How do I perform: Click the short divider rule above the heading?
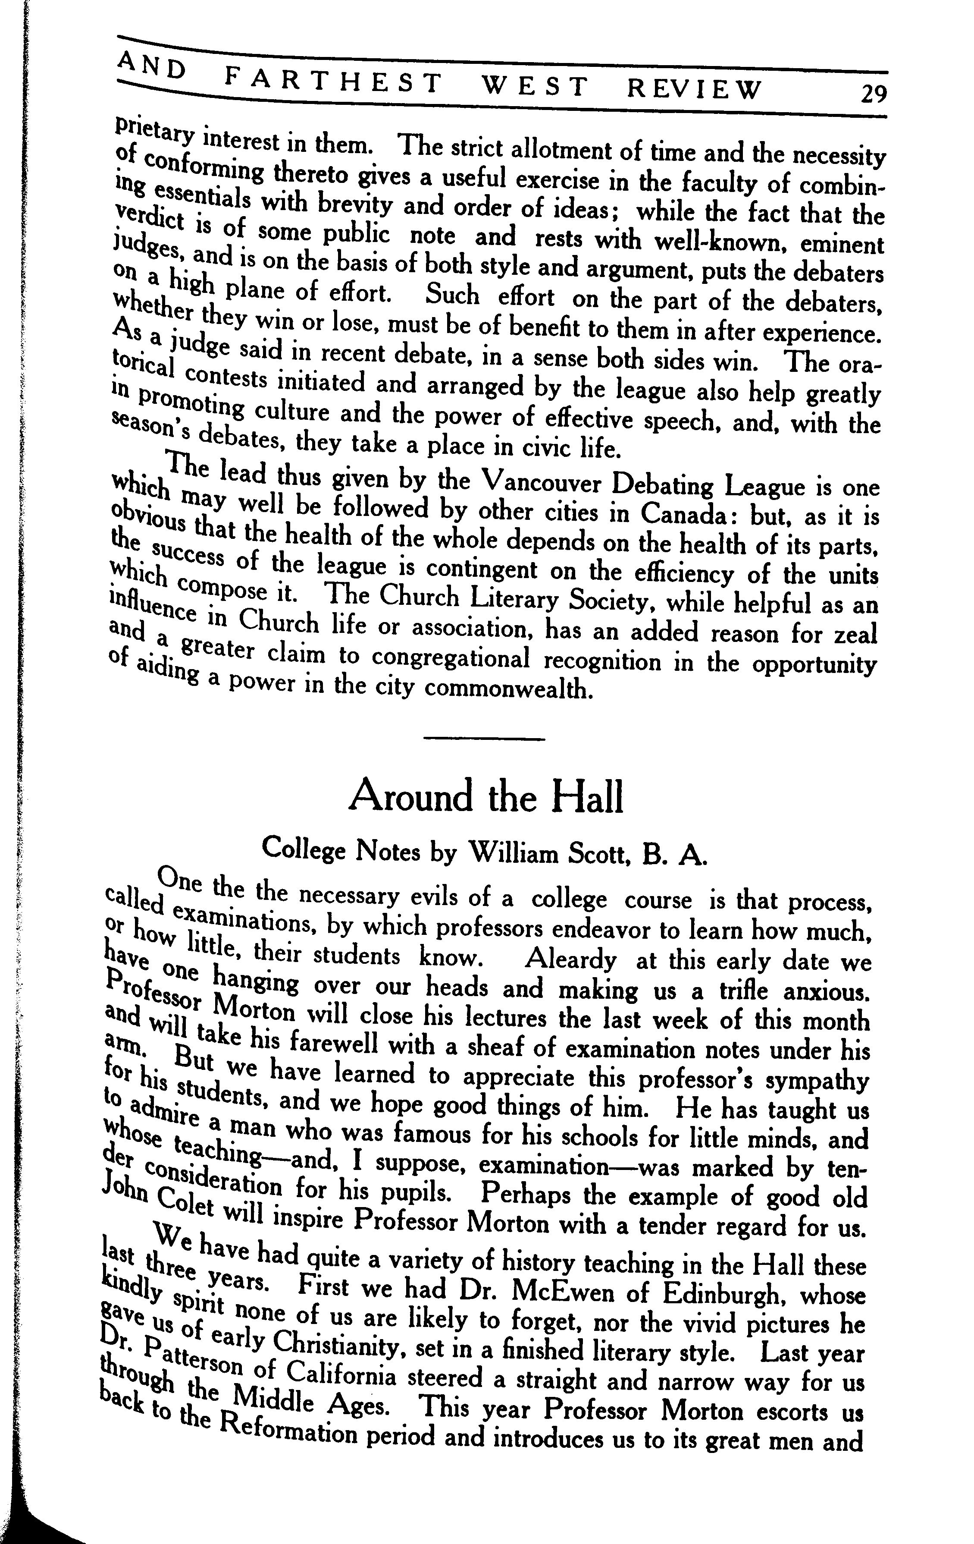coord(485,739)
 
